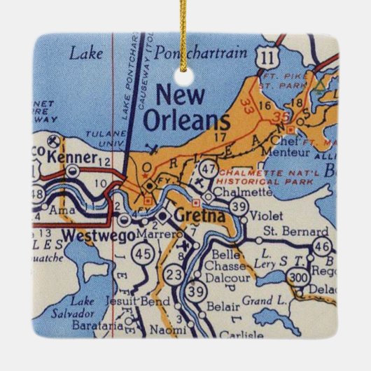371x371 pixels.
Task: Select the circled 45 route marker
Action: [x=144, y=251]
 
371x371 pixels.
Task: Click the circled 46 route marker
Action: [x=321, y=245]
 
